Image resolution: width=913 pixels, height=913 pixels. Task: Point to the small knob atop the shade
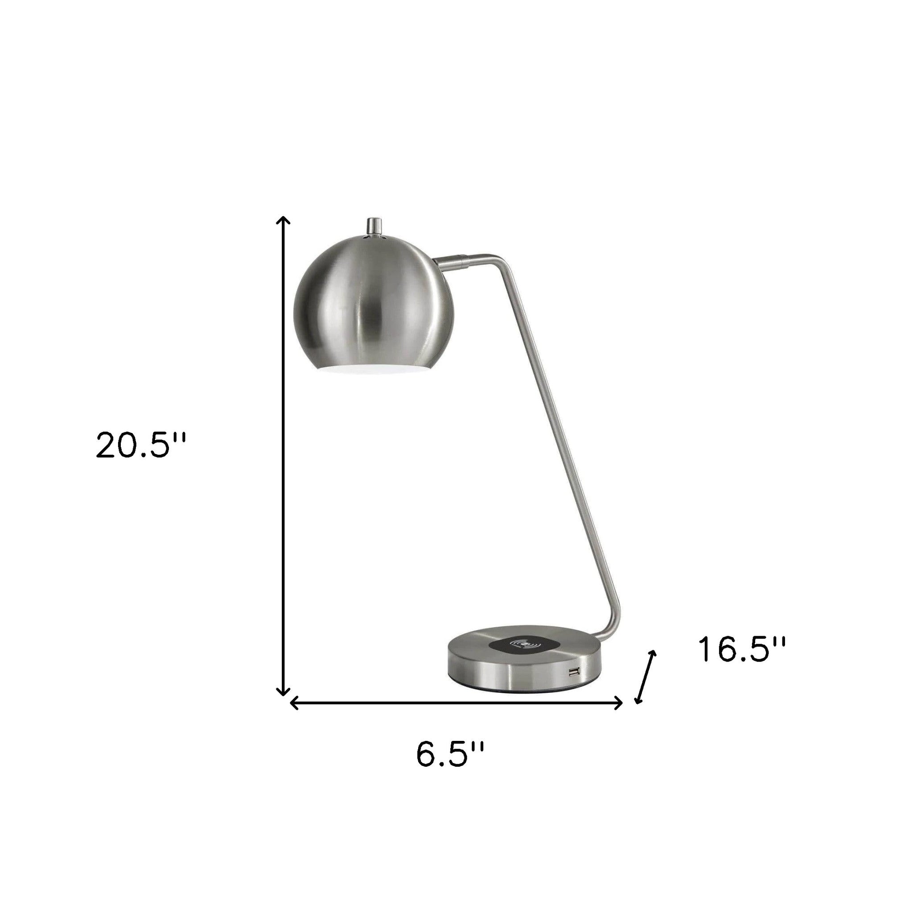coord(374,226)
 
